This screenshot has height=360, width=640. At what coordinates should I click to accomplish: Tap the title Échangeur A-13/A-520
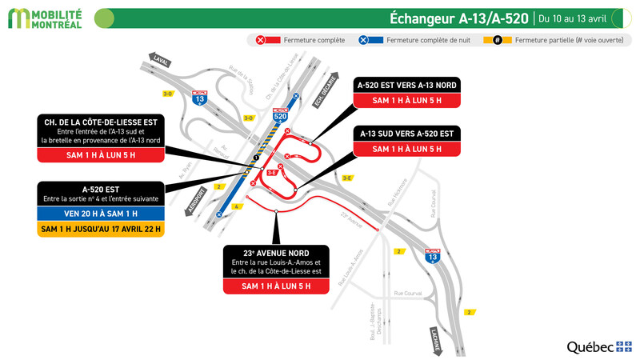coord(458,18)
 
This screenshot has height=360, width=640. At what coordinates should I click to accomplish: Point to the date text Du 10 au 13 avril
coord(572,18)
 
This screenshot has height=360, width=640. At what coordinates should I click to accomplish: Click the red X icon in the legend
coord(261,39)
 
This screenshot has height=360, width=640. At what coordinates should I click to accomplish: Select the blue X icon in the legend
coord(364,39)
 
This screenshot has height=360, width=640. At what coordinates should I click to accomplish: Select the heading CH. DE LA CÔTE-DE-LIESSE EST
coord(101,122)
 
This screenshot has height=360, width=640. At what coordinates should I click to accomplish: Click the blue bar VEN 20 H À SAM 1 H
coord(101,214)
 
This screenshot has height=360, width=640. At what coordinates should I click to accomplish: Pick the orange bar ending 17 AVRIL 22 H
coord(101,229)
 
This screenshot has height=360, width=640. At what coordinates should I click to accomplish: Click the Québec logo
coord(599,346)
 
